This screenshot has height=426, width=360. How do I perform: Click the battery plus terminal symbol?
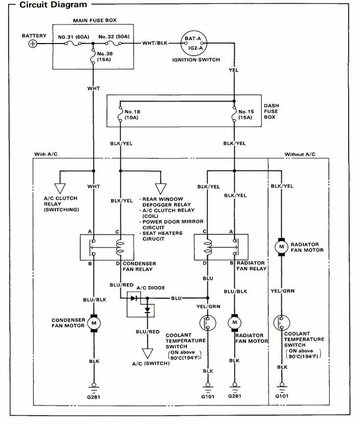coord(33,44)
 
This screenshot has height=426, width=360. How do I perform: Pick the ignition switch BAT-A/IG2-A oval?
coord(193,44)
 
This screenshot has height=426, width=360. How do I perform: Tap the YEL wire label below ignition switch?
coord(234,70)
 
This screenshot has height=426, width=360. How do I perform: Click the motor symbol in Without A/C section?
coord(281,247)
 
